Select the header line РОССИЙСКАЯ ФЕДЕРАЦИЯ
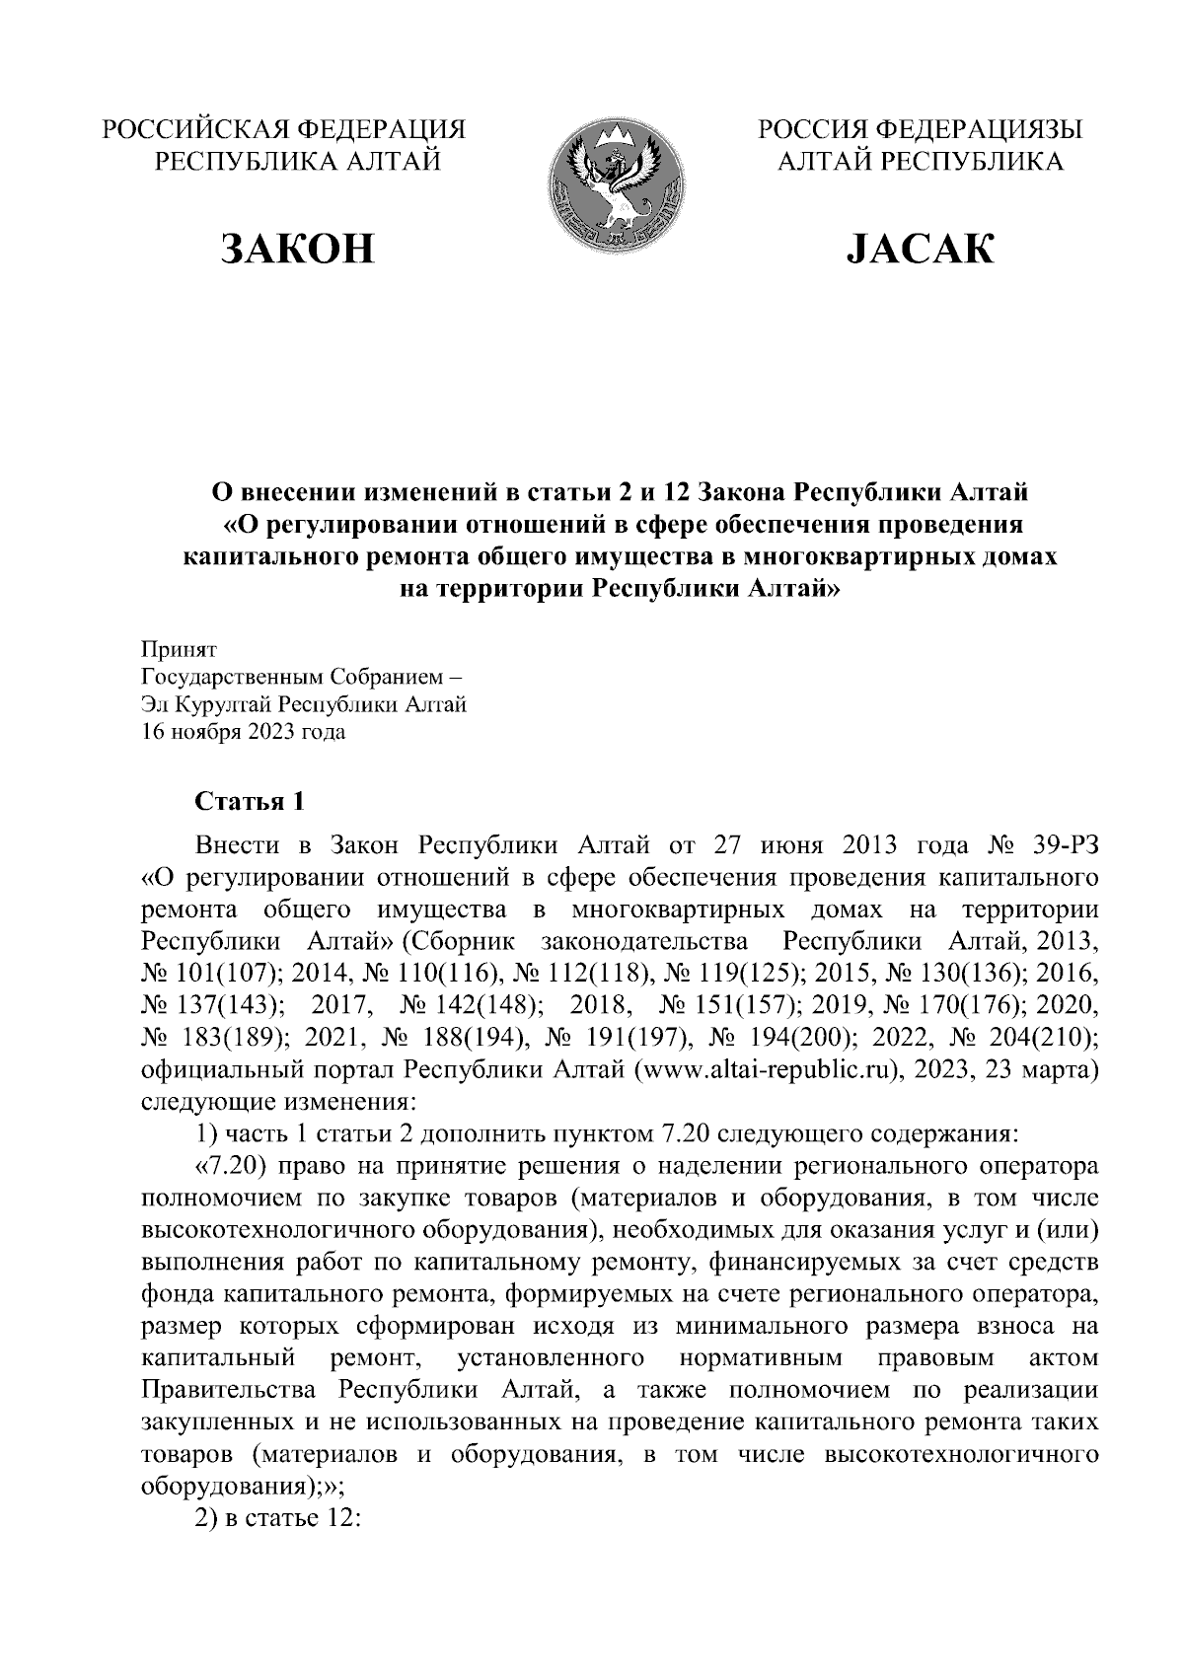pyautogui.click(x=285, y=129)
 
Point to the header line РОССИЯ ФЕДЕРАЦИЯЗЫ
pyautogui.click(x=920, y=129)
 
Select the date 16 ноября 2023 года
pyautogui.click(x=244, y=732)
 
